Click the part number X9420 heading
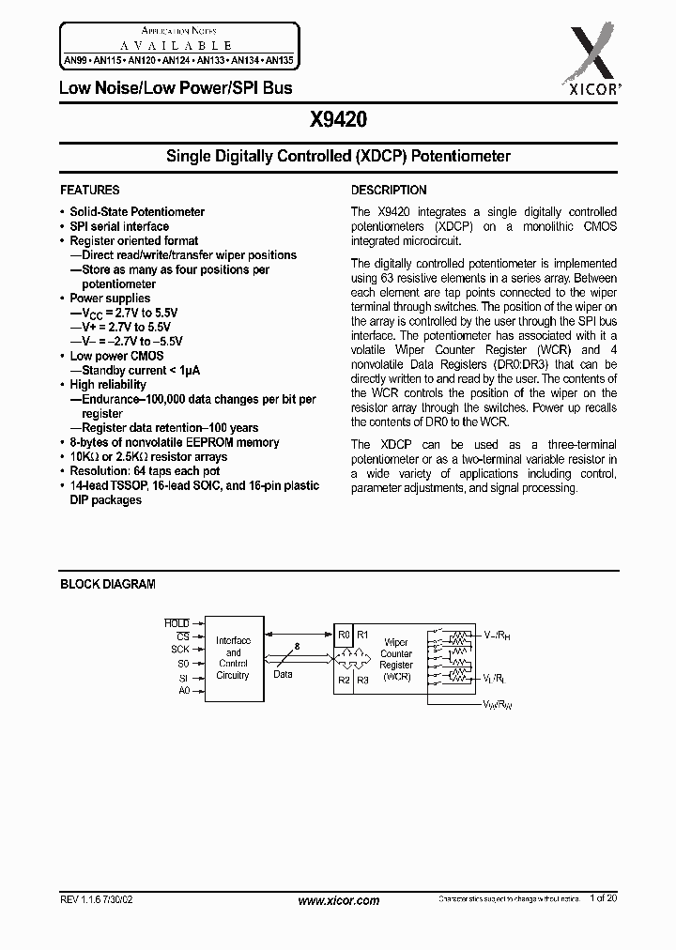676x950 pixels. click(x=337, y=120)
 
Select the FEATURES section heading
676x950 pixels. click(x=90, y=190)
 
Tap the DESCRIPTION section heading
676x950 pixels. click(x=389, y=190)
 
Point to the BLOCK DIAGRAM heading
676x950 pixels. click(x=108, y=584)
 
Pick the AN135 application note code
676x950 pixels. click(x=278, y=58)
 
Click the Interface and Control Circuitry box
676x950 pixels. click(x=233, y=657)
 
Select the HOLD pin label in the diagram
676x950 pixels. click(x=177, y=623)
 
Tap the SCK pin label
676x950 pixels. click(x=179, y=649)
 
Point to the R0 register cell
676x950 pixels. click(x=344, y=634)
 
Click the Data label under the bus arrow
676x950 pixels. click(x=283, y=674)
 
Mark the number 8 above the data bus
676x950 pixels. click(x=299, y=645)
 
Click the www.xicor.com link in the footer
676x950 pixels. click(x=338, y=900)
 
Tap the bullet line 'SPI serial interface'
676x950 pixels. click(x=119, y=226)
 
